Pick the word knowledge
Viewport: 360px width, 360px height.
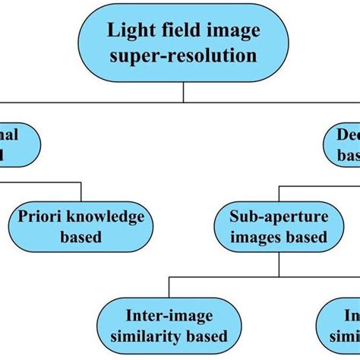coord(109,216)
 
